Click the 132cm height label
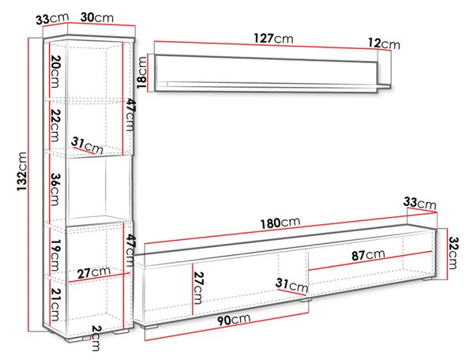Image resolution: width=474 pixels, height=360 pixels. pos(22,171)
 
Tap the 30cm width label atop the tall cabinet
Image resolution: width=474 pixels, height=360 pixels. pos(96,17)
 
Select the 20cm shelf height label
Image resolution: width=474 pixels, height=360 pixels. pos(55,71)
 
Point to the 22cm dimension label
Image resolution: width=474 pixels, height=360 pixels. pos(55,125)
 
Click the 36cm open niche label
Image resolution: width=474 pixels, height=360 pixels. pos(55,189)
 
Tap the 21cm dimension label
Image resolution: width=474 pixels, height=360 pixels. pos(55,305)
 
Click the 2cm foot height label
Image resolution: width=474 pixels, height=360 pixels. pos(96,338)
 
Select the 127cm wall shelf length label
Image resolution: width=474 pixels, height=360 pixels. pos(273,39)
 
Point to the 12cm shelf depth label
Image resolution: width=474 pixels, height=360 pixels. pos(384,43)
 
